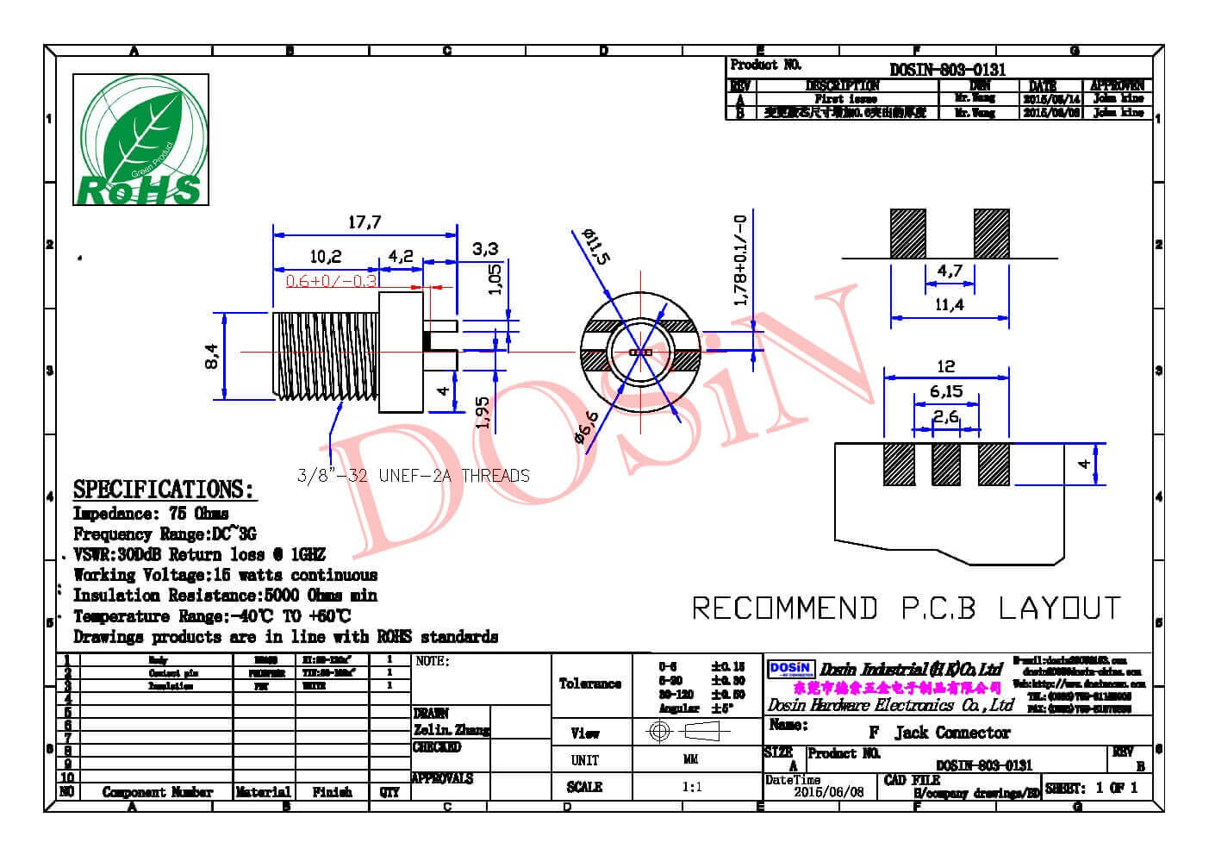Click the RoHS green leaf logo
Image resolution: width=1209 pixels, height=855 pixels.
tap(140, 140)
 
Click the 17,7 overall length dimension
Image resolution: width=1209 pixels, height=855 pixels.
tap(364, 222)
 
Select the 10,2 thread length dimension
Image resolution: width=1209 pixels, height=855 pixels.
tap(325, 256)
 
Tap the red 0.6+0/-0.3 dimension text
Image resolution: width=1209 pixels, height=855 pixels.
tap(332, 281)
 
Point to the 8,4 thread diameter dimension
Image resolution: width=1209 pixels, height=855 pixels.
tap(212, 354)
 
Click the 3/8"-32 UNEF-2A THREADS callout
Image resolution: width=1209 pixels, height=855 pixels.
tap(413, 475)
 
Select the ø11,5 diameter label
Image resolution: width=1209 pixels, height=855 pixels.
tap(595, 247)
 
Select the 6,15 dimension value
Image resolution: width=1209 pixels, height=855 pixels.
tap(946, 391)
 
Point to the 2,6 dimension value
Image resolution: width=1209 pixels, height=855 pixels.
tap(945, 417)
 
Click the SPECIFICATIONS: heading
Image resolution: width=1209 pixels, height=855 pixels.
tap(164, 490)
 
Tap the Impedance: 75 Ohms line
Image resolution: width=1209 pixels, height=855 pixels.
tap(151, 514)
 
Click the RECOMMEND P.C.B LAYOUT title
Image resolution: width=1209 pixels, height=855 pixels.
tap(907, 608)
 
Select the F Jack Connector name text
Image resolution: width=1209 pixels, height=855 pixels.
tap(938, 733)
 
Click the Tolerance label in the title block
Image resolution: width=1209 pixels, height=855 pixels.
tap(589, 683)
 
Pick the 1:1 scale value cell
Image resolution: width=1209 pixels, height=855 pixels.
tap(691, 787)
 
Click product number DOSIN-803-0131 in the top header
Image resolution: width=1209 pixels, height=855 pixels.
tap(947, 70)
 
